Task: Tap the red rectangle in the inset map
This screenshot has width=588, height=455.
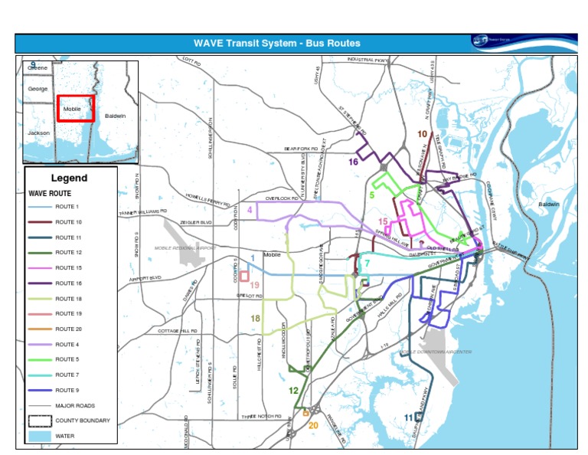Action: point(76,108)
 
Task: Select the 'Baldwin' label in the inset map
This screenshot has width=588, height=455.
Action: point(114,116)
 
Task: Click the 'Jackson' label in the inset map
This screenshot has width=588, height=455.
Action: point(38,133)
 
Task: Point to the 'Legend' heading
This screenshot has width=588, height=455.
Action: point(70,178)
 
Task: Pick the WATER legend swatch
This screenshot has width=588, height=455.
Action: point(39,435)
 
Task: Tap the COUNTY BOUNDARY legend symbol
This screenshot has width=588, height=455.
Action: point(39,420)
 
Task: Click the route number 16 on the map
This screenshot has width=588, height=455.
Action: point(353,162)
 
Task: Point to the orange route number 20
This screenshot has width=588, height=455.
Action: point(312,425)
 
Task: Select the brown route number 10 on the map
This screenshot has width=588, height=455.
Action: point(422,134)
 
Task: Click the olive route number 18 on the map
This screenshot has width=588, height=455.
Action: point(255,319)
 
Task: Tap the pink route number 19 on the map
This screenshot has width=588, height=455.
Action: point(255,285)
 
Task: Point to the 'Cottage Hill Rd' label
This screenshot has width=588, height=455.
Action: point(178,330)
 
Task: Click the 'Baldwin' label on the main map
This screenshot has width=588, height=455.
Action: point(548,205)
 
